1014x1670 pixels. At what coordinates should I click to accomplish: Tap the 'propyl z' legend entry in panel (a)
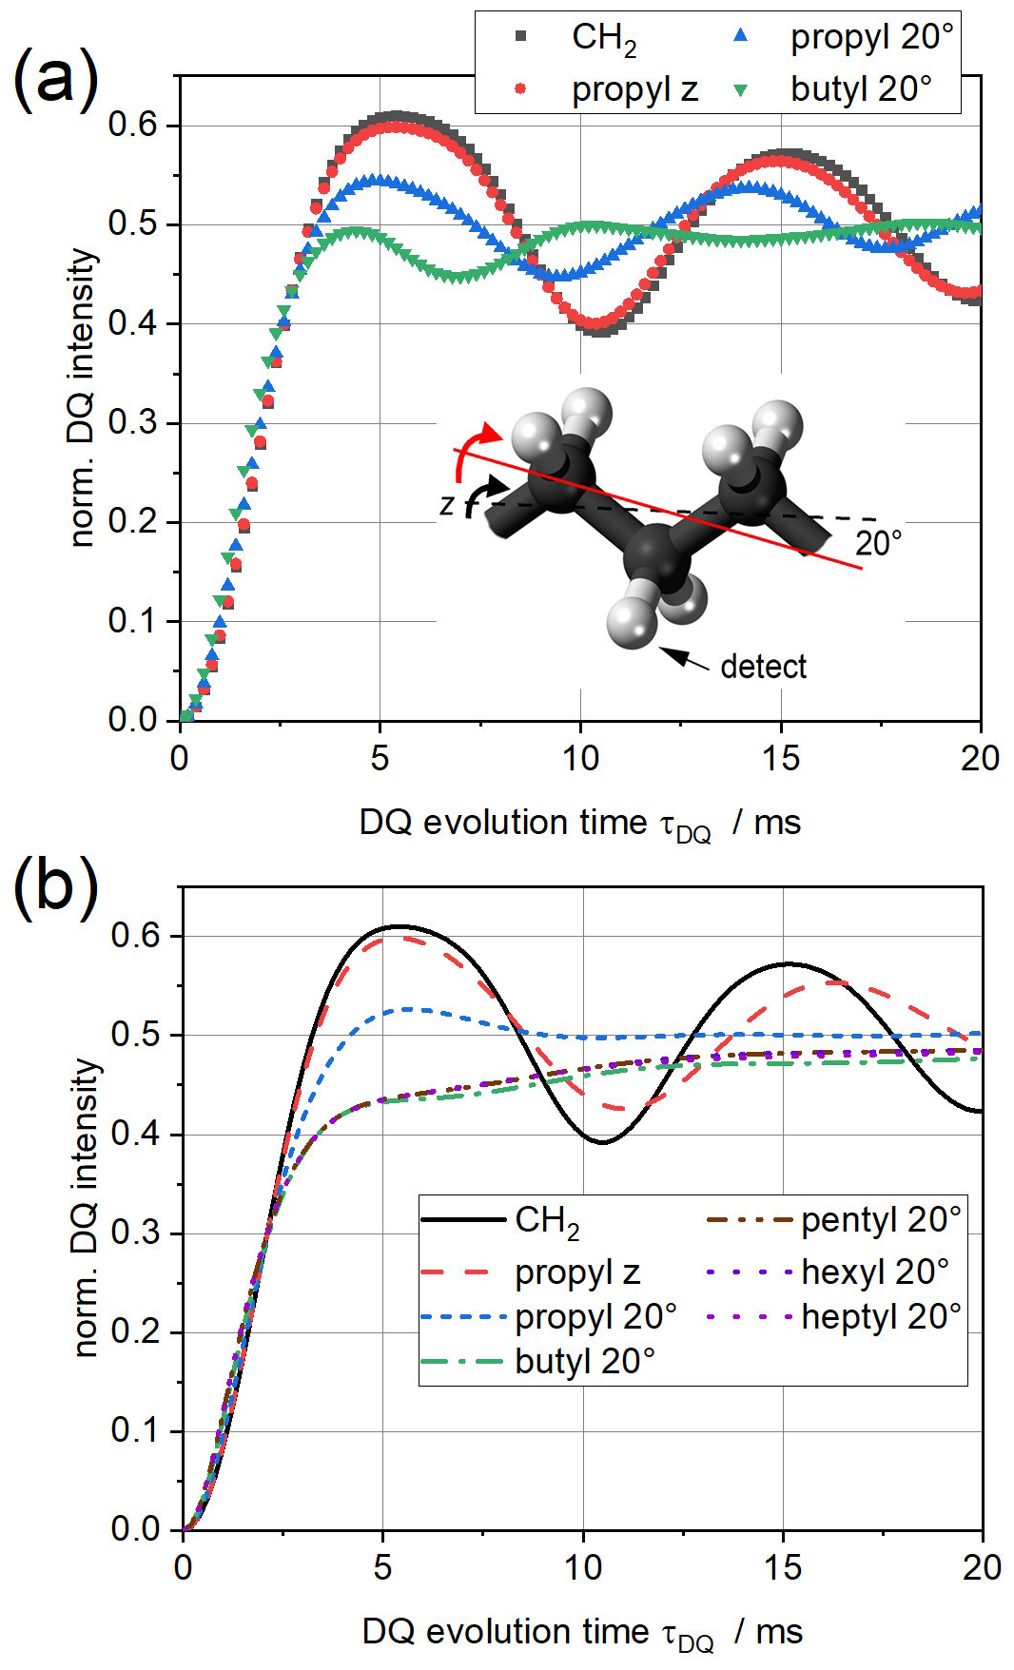pyautogui.click(x=634, y=90)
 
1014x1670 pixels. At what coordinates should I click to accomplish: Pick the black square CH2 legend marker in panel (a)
pyautogui.click(x=520, y=37)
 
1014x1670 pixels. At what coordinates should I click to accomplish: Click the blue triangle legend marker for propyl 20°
pyautogui.click(x=741, y=37)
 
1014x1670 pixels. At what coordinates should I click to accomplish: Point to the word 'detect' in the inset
pyautogui.click(x=763, y=667)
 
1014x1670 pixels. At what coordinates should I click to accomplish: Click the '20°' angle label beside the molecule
pyautogui.click(x=878, y=544)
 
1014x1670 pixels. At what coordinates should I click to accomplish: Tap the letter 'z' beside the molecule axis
pyautogui.click(x=447, y=504)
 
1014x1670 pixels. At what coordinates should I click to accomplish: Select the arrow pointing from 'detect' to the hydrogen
pyautogui.click(x=684, y=658)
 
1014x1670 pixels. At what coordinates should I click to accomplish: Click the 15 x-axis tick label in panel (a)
pyautogui.click(x=781, y=758)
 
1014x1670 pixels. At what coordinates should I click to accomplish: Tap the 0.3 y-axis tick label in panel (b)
pyautogui.click(x=135, y=1233)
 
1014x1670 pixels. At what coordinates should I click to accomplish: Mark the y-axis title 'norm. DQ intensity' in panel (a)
pyautogui.click(x=84, y=398)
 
